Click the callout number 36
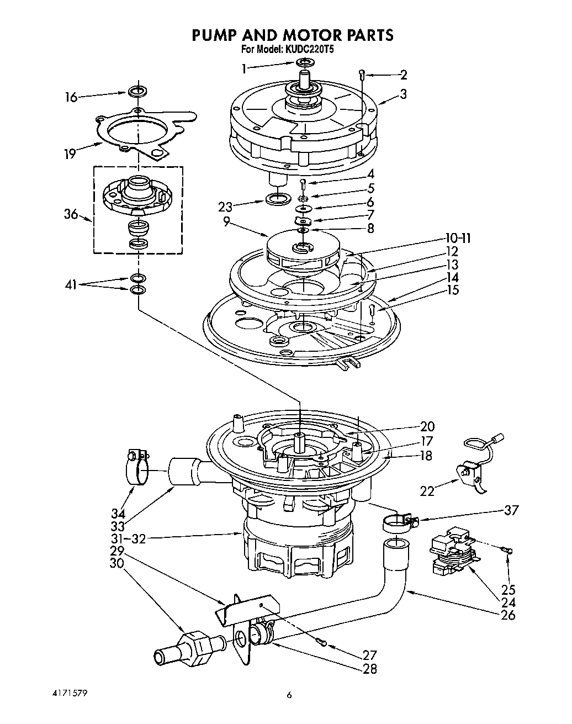click(71, 215)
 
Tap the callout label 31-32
click(128, 539)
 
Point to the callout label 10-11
click(458, 239)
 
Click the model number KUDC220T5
click(309, 49)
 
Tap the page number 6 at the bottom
click(289, 695)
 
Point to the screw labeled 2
click(362, 75)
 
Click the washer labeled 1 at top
click(304, 62)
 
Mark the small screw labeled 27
click(323, 642)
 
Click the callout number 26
click(507, 614)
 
